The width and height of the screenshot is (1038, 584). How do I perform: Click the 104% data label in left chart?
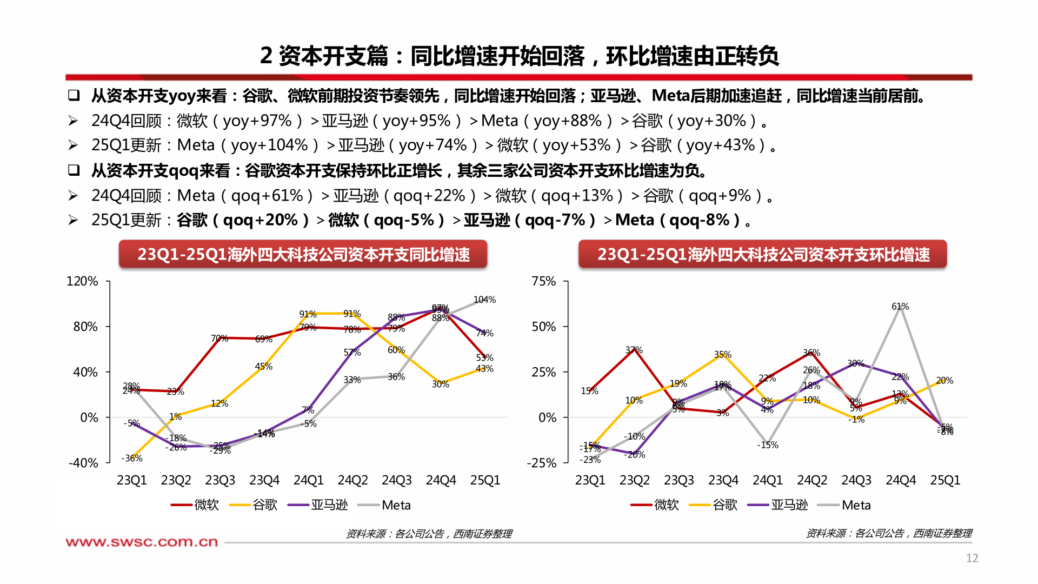[x=484, y=300]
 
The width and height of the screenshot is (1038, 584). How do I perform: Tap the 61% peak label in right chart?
[x=900, y=307]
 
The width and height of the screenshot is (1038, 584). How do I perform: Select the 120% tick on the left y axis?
[x=82, y=281]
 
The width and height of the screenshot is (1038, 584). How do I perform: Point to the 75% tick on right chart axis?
[x=543, y=281]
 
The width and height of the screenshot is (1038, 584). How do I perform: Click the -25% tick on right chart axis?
[x=541, y=463]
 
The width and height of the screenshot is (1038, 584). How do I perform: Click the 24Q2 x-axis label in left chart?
[x=352, y=480]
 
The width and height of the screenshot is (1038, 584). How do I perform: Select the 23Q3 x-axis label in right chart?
[x=678, y=480]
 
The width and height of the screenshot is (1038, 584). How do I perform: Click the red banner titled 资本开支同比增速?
[x=303, y=254]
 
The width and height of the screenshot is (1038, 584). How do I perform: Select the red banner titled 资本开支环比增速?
[x=762, y=254]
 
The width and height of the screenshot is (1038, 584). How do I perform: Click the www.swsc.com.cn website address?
[x=142, y=542]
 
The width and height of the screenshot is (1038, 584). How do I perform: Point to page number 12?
[x=972, y=558]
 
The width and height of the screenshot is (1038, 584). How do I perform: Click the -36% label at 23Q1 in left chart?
[x=132, y=459]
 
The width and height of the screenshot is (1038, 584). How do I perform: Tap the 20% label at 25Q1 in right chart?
[x=944, y=381]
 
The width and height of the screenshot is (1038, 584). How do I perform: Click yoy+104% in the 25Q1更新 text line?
[x=269, y=145]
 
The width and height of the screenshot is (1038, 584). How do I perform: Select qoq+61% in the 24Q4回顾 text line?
[x=267, y=195]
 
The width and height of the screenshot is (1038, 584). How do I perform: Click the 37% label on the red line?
[x=634, y=350]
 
